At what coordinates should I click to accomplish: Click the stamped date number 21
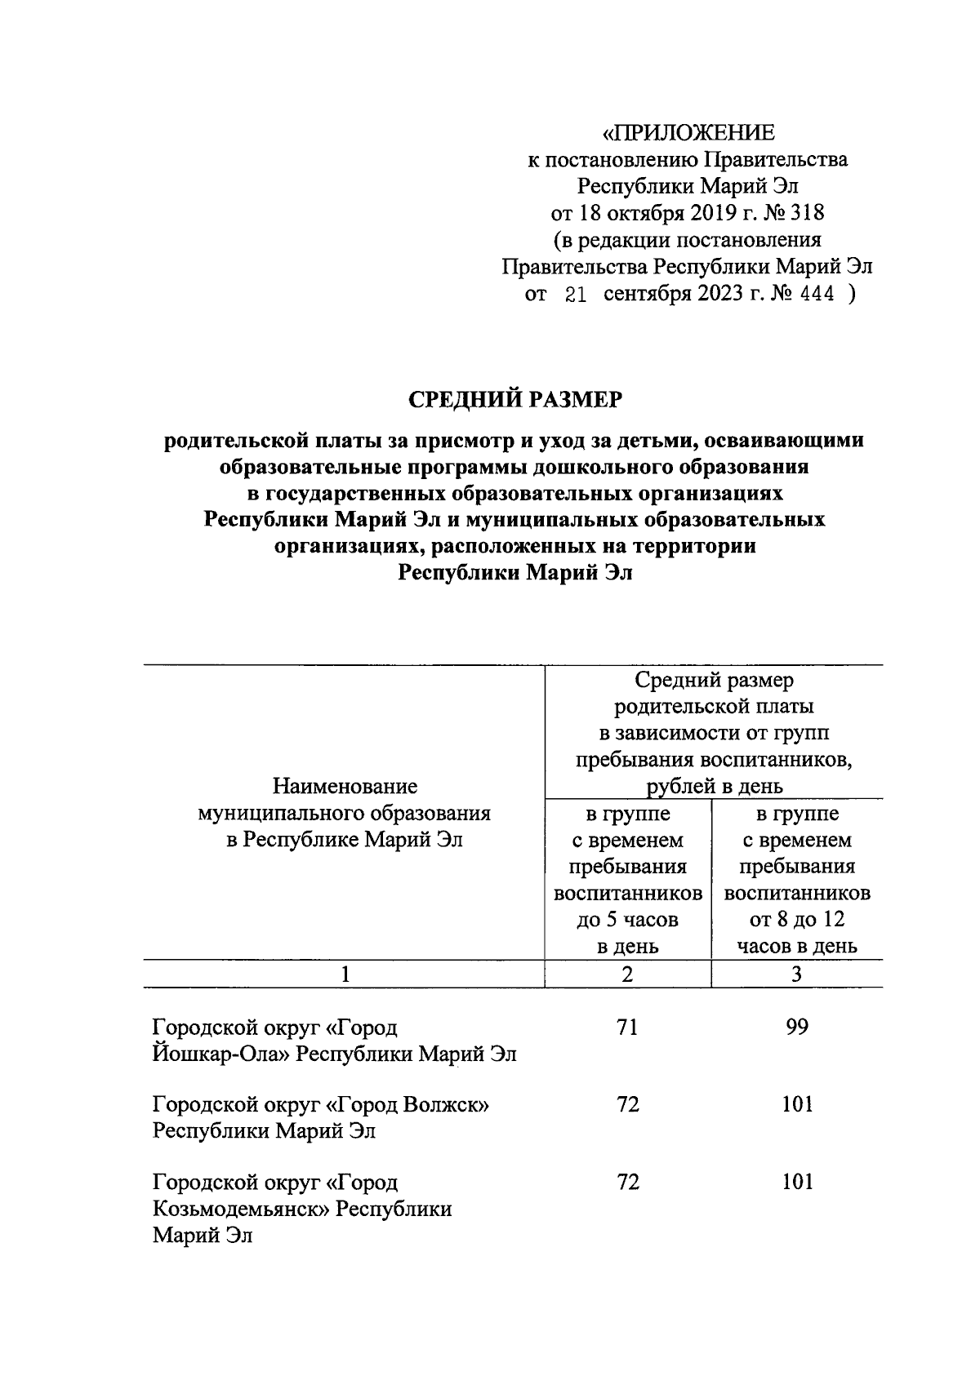click(x=576, y=295)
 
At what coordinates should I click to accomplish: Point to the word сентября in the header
click(x=647, y=295)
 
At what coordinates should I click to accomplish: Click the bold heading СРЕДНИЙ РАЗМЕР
click(x=514, y=399)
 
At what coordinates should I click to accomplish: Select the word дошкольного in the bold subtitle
click(x=625, y=467)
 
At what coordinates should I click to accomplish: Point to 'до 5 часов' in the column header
click(x=627, y=920)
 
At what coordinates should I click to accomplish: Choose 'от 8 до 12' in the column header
click(x=796, y=920)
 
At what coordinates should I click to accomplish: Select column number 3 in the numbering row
click(x=796, y=974)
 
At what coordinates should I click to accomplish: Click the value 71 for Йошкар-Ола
click(x=627, y=1027)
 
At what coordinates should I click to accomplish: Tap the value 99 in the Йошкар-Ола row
click(x=796, y=1027)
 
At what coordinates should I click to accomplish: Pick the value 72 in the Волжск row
click(x=627, y=1104)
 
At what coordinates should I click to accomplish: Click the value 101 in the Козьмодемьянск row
click(x=796, y=1182)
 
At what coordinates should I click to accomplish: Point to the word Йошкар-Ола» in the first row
click(x=220, y=1054)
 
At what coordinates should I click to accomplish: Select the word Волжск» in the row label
click(x=447, y=1104)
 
